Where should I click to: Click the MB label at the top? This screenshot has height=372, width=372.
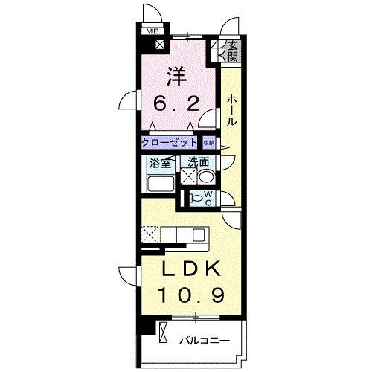152,31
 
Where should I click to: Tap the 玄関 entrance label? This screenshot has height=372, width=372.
233,50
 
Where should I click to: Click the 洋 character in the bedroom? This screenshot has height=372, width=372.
176,76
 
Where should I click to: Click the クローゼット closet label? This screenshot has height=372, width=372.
170,142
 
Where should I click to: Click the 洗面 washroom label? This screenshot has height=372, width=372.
197,161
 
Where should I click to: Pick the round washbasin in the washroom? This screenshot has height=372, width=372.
206,177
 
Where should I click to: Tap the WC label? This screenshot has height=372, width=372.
208,198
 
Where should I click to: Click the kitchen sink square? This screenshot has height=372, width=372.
198,234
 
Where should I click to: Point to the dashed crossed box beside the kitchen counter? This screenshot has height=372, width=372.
149,234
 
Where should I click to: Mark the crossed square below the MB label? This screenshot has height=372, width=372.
161,43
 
